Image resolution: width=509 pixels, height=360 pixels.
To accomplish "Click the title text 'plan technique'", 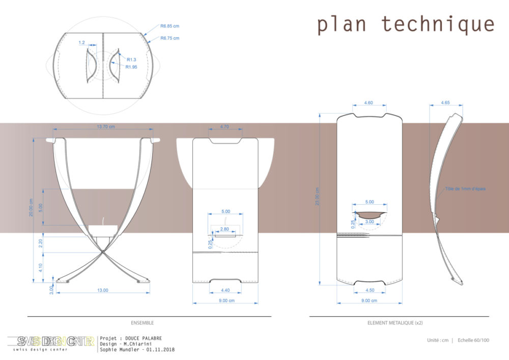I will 406,24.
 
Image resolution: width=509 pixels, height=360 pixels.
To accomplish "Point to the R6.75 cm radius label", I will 169,38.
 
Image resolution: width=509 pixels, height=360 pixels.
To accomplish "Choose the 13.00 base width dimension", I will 103,290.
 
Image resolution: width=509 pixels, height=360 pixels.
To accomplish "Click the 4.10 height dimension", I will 42,266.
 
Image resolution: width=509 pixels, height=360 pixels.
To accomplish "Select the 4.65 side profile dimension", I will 445,103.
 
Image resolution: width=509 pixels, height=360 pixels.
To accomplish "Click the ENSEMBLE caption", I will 142,323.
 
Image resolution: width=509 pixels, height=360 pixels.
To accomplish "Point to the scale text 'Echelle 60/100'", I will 473,340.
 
